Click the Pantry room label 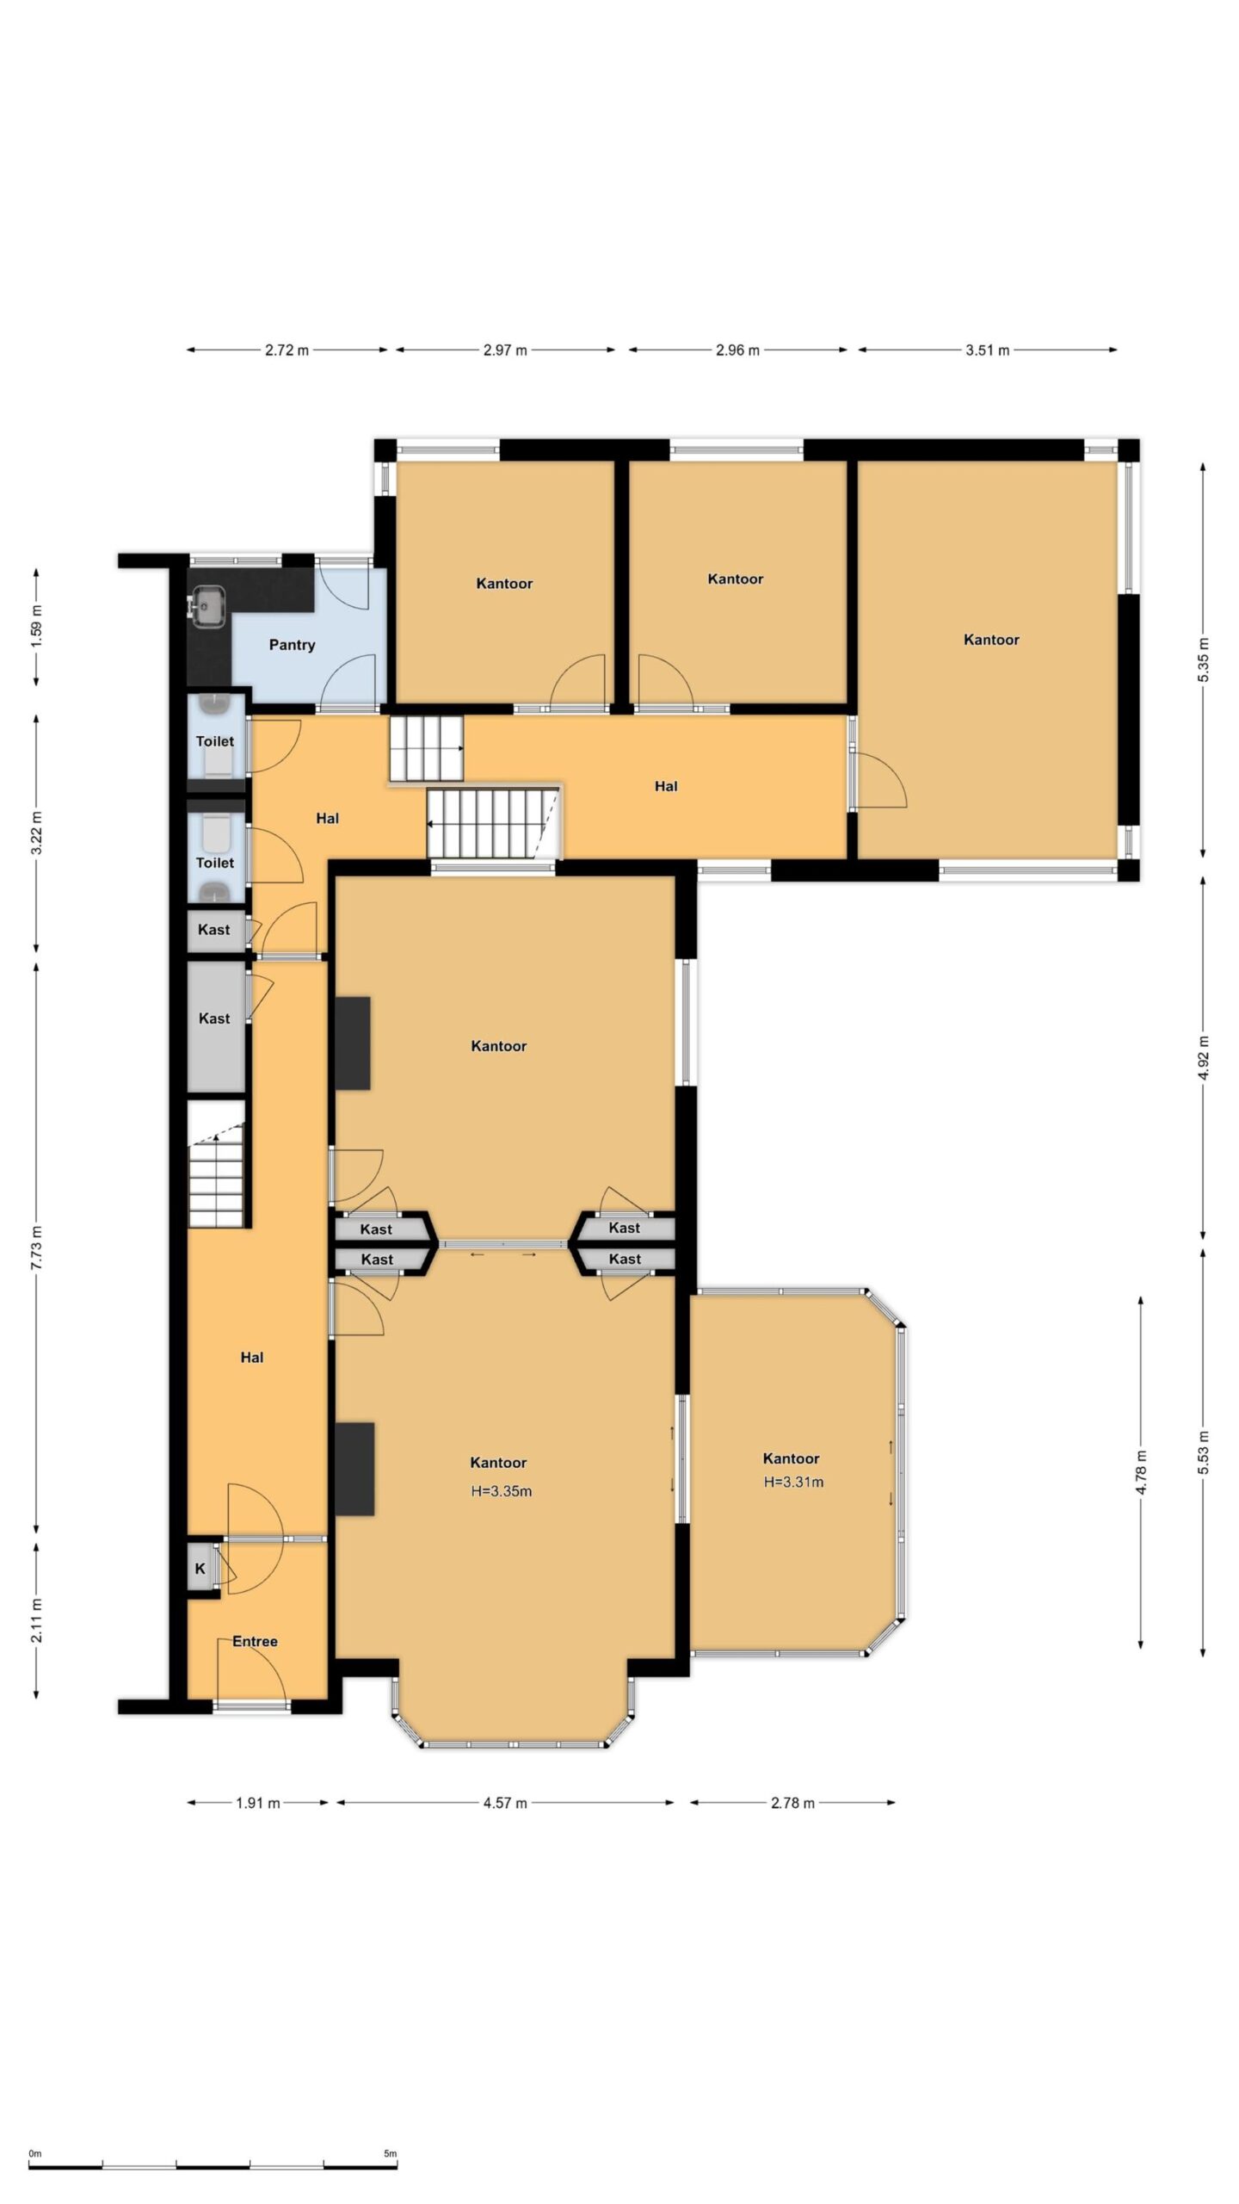[292, 645]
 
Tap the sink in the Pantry [207, 602]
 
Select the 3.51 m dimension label [987, 350]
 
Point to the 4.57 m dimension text [504, 1803]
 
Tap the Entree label [255, 1641]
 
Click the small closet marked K [200, 1569]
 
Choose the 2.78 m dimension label [792, 1803]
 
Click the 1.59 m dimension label [36, 627]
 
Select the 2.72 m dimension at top [287, 350]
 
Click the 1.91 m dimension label [258, 1803]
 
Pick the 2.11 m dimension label [36, 1620]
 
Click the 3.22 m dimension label [36, 833]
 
